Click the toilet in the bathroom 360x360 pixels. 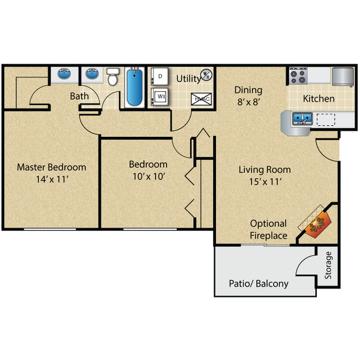(113, 77)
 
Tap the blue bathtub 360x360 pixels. (135, 87)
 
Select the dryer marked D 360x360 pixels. (160, 76)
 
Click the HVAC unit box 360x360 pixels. (200, 99)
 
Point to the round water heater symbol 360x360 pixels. (205, 74)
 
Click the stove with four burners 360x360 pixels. (297, 76)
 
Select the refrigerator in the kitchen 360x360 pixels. (343, 76)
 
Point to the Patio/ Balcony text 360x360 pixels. (259, 284)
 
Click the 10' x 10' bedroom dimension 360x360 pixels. (148, 176)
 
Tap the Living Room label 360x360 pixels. (265, 169)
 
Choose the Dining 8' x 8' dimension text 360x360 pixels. (248, 102)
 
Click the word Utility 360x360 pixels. (188, 79)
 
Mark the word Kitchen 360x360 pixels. (318, 99)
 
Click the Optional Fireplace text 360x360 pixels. (269, 229)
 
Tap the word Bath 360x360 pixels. (79, 96)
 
